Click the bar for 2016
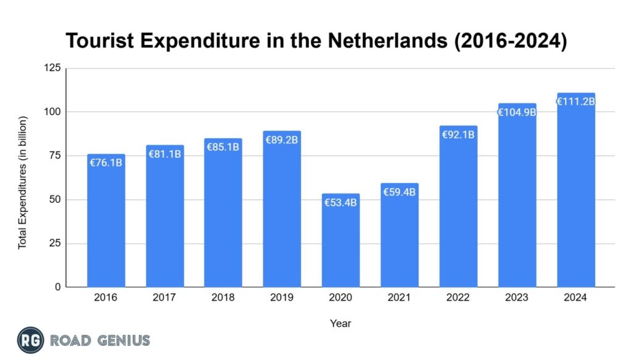106,223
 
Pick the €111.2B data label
576,101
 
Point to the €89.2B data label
282,140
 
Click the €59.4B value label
399,192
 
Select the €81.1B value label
164,153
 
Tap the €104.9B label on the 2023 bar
517,112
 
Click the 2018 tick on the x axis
223,297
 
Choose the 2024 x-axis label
576,297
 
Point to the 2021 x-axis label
399,297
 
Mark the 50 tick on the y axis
55,200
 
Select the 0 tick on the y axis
58,287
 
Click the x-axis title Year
341,323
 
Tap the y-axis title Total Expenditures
23,182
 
